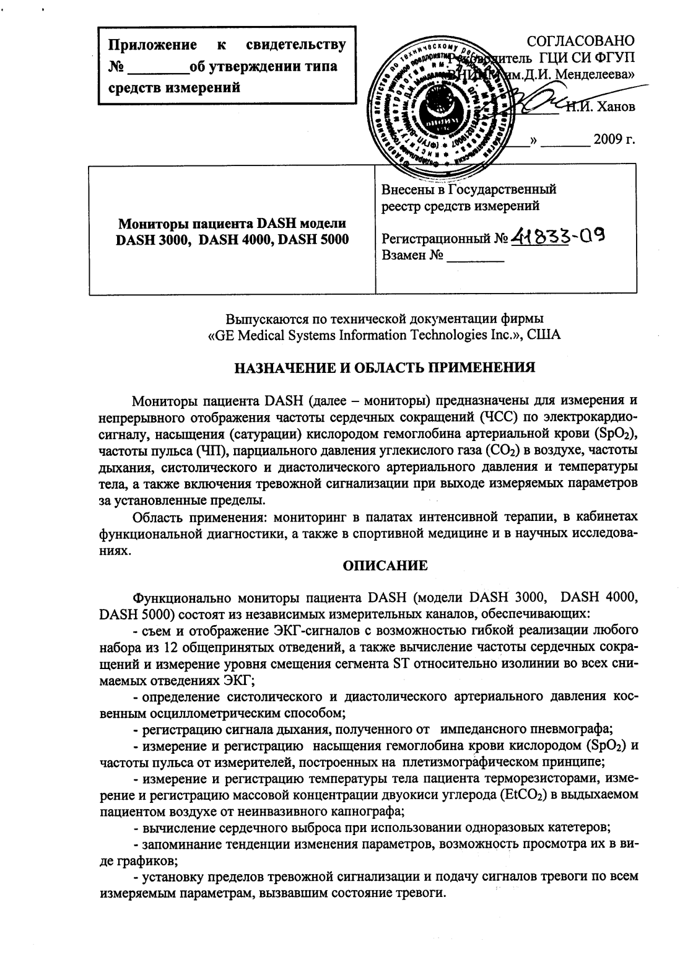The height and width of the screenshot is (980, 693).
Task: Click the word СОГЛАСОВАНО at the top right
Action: (580, 42)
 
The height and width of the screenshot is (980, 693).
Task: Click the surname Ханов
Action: (613, 107)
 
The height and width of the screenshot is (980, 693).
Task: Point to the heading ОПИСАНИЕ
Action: (385, 565)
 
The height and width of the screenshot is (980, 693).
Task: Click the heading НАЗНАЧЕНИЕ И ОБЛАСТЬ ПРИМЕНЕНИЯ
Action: (384, 367)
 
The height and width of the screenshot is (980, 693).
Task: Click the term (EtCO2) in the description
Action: (522, 795)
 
